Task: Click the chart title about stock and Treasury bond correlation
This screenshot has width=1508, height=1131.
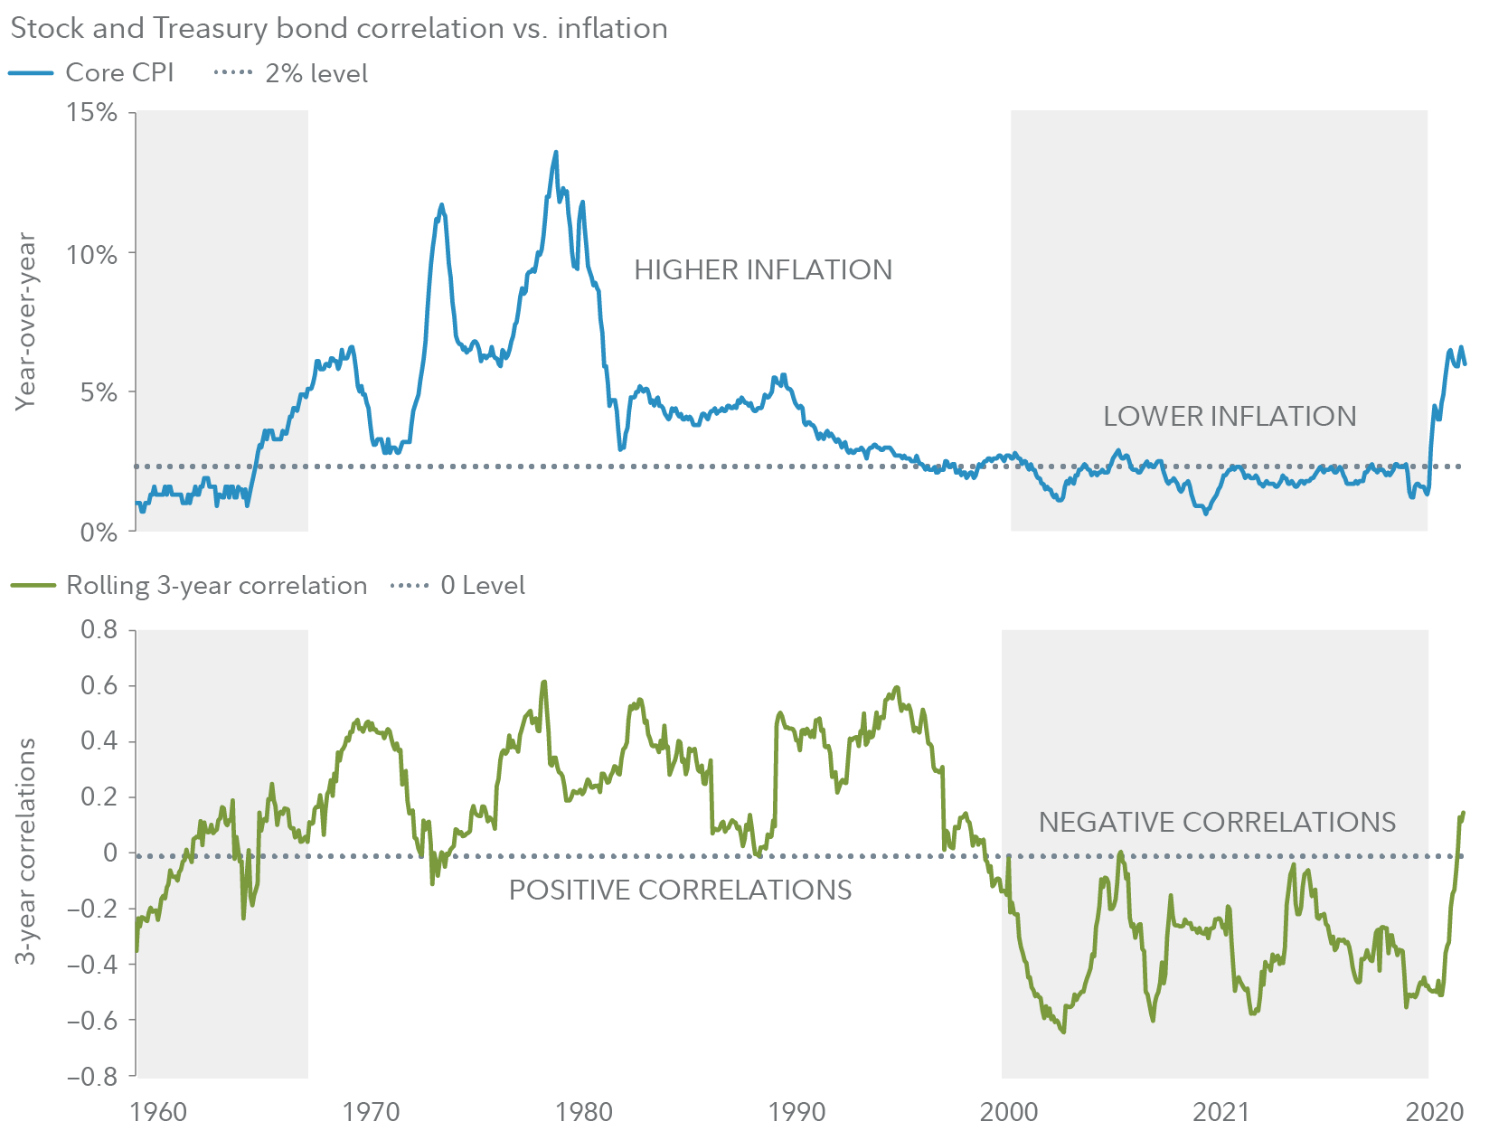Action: (x=339, y=28)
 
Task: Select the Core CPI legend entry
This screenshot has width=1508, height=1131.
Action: (x=92, y=72)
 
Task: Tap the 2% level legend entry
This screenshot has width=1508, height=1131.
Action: (x=291, y=73)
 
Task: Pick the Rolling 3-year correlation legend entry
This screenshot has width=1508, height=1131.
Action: (x=189, y=585)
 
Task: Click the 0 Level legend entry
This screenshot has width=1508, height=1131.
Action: (x=457, y=585)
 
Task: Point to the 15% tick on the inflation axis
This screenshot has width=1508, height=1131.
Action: (x=91, y=112)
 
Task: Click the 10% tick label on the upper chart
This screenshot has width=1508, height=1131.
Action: (x=91, y=253)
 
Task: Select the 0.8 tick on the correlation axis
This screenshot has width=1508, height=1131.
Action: (x=99, y=628)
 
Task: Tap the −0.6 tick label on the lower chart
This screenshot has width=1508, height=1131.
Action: (x=92, y=1020)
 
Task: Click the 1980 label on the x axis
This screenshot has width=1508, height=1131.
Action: (x=584, y=1111)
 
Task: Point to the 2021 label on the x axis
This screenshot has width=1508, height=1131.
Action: (x=1221, y=1111)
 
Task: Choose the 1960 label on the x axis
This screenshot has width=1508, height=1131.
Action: (x=158, y=1111)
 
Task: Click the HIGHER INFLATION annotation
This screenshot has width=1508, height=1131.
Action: (x=762, y=269)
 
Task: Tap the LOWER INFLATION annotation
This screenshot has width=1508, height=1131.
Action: (x=1230, y=416)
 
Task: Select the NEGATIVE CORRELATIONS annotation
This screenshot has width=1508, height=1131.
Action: (x=1217, y=822)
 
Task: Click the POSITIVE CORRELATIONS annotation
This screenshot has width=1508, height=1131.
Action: (x=680, y=890)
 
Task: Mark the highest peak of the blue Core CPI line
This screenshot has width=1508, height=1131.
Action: (x=556, y=152)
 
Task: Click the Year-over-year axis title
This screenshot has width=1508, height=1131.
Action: (x=25, y=321)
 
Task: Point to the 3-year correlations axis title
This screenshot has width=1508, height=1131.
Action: (x=27, y=851)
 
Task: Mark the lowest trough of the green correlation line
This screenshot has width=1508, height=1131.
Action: (x=1063, y=1032)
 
